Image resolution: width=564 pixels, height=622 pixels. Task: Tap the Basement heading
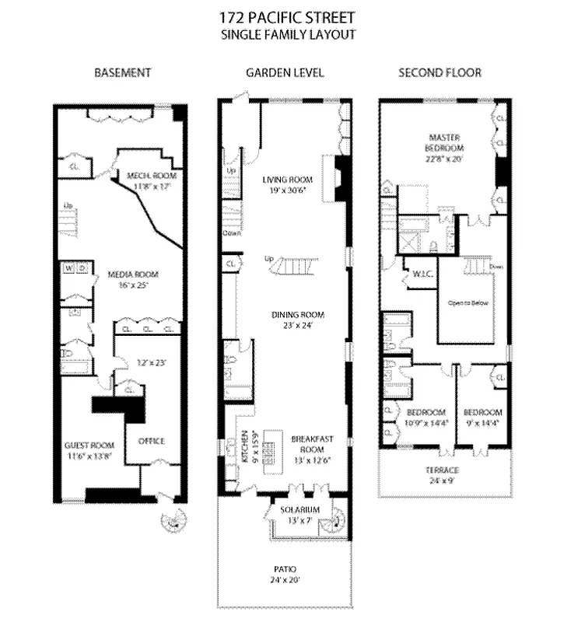[x=122, y=73]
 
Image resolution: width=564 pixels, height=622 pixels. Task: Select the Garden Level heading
[x=285, y=73]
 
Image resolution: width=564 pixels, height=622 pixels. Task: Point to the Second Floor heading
[x=440, y=73]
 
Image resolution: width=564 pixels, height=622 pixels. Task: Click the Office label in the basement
[x=151, y=441]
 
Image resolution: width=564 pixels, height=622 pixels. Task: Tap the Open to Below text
[x=468, y=302]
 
